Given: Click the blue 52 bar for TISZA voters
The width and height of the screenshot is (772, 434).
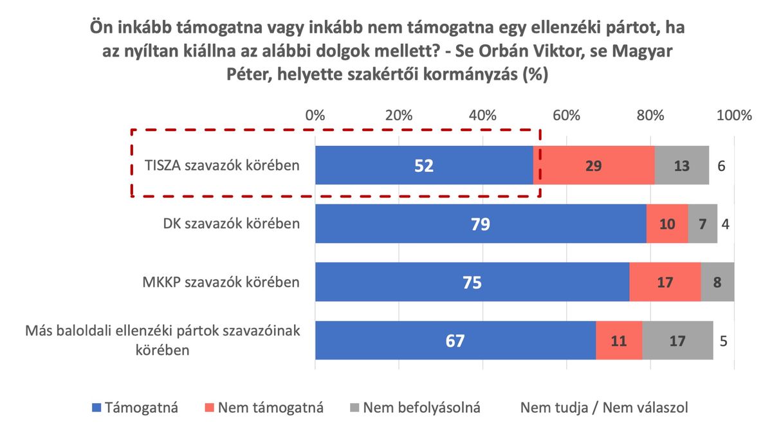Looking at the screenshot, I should (424, 165).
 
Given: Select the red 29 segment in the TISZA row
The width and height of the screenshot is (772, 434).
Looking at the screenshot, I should (594, 165).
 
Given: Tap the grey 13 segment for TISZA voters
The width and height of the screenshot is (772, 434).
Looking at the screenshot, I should (682, 165).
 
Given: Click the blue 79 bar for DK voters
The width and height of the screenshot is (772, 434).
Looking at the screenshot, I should (481, 224).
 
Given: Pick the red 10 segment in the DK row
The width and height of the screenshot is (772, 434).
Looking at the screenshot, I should (667, 224).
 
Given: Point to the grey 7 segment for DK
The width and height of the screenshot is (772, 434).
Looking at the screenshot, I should (703, 224).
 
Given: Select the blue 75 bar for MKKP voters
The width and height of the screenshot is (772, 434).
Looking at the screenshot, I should (472, 282).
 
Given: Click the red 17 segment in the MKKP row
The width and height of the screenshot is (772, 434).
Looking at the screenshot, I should (665, 282).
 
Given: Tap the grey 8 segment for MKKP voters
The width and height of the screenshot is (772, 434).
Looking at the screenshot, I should (717, 282).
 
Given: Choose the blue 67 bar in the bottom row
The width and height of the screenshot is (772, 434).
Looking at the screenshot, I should (455, 340).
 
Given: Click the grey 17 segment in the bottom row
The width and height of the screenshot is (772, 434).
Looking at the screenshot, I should (677, 340).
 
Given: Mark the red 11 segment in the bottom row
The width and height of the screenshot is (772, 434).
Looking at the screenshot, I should (619, 340).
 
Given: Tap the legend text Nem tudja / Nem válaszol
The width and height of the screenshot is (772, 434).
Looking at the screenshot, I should (603, 407).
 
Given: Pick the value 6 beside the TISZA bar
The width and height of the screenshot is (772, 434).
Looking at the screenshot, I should (721, 165).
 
